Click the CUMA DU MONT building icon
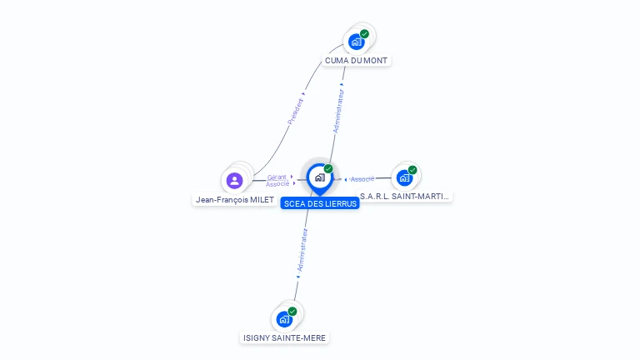pos(357,42)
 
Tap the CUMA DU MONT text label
pos(357,61)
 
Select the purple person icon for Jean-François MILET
pos(234,180)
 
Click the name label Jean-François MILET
pos(234,200)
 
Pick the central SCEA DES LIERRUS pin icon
pos(319,177)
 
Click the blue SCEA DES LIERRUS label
pos(320,203)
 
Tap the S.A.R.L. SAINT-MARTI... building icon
pos(404,177)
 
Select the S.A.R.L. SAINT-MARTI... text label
pos(405,197)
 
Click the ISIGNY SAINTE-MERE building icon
pos(285,319)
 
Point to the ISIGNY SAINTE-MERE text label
pos(284,337)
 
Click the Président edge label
pos(296,112)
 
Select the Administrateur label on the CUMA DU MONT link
pos(337,112)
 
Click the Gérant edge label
pos(277,177)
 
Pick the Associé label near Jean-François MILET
pos(277,183)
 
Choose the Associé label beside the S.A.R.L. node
pos(362,179)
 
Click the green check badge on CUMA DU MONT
pos(364,34)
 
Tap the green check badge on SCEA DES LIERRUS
pos(328,169)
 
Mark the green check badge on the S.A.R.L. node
pos(412,170)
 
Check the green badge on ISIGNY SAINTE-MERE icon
pos(292,312)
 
